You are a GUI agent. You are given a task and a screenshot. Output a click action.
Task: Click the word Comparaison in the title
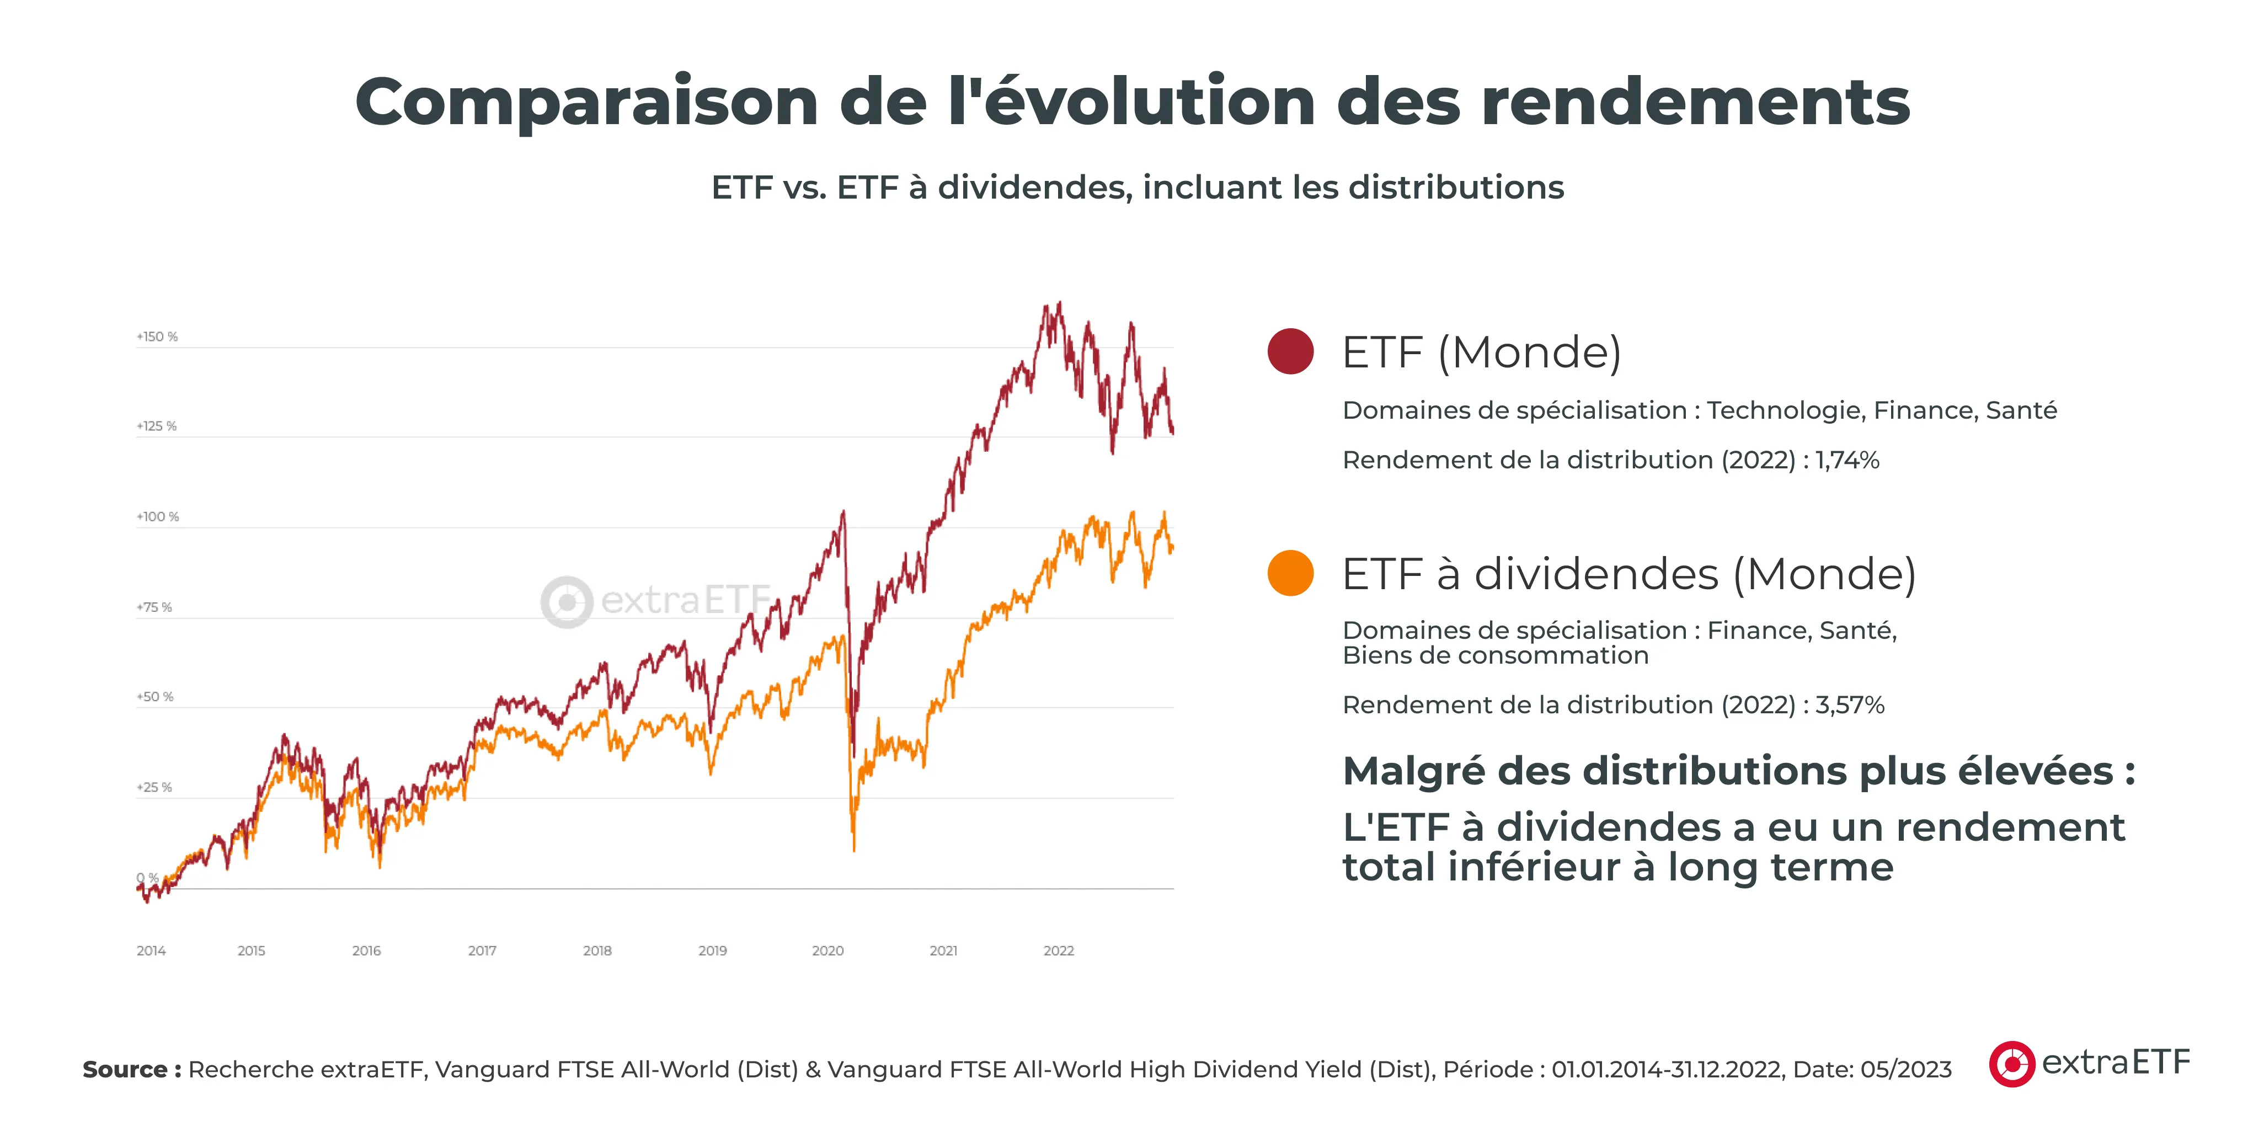[586, 103]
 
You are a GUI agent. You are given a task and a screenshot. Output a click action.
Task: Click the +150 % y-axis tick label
[157, 337]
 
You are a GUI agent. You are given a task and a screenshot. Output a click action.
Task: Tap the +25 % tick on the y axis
[154, 787]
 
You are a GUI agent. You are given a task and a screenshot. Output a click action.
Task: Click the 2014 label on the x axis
[151, 951]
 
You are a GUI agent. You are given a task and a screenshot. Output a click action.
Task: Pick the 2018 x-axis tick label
[597, 951]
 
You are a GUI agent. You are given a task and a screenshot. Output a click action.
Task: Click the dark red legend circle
[1290, 351]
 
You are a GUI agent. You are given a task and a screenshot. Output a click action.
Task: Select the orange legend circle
[1290, 573]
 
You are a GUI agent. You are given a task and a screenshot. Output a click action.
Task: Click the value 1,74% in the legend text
[1847, 461]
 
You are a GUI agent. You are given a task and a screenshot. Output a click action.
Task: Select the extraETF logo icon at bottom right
[2012, 1064]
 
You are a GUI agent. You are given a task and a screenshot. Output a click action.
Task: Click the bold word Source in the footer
[125, 1070]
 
